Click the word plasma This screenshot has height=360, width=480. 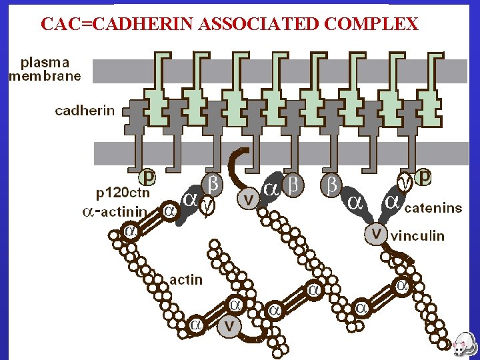pyautogui.click(x=45, y=62)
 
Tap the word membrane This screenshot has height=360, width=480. pyautogui.click(x=45, y=75)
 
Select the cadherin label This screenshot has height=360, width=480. pyautogui.click(x=85, y=111)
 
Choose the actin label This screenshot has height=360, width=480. pyautogui.click(x=186, y=279)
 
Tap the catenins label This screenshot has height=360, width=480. pyautogui.click(x=433, y=208)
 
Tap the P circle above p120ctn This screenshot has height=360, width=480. pyautogui.click(x=148, y=178)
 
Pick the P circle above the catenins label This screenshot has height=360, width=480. pyautogui.click(x=424, y=178)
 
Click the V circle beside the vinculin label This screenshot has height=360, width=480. pyautogui.click(x=376, y=234)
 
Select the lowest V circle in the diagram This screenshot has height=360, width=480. pyautogui.click(x=229, y=326)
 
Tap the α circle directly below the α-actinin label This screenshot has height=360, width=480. pyautogui.click(x=130, y=231)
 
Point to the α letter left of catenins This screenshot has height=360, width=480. pyautogui.click(x=392, y=201)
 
